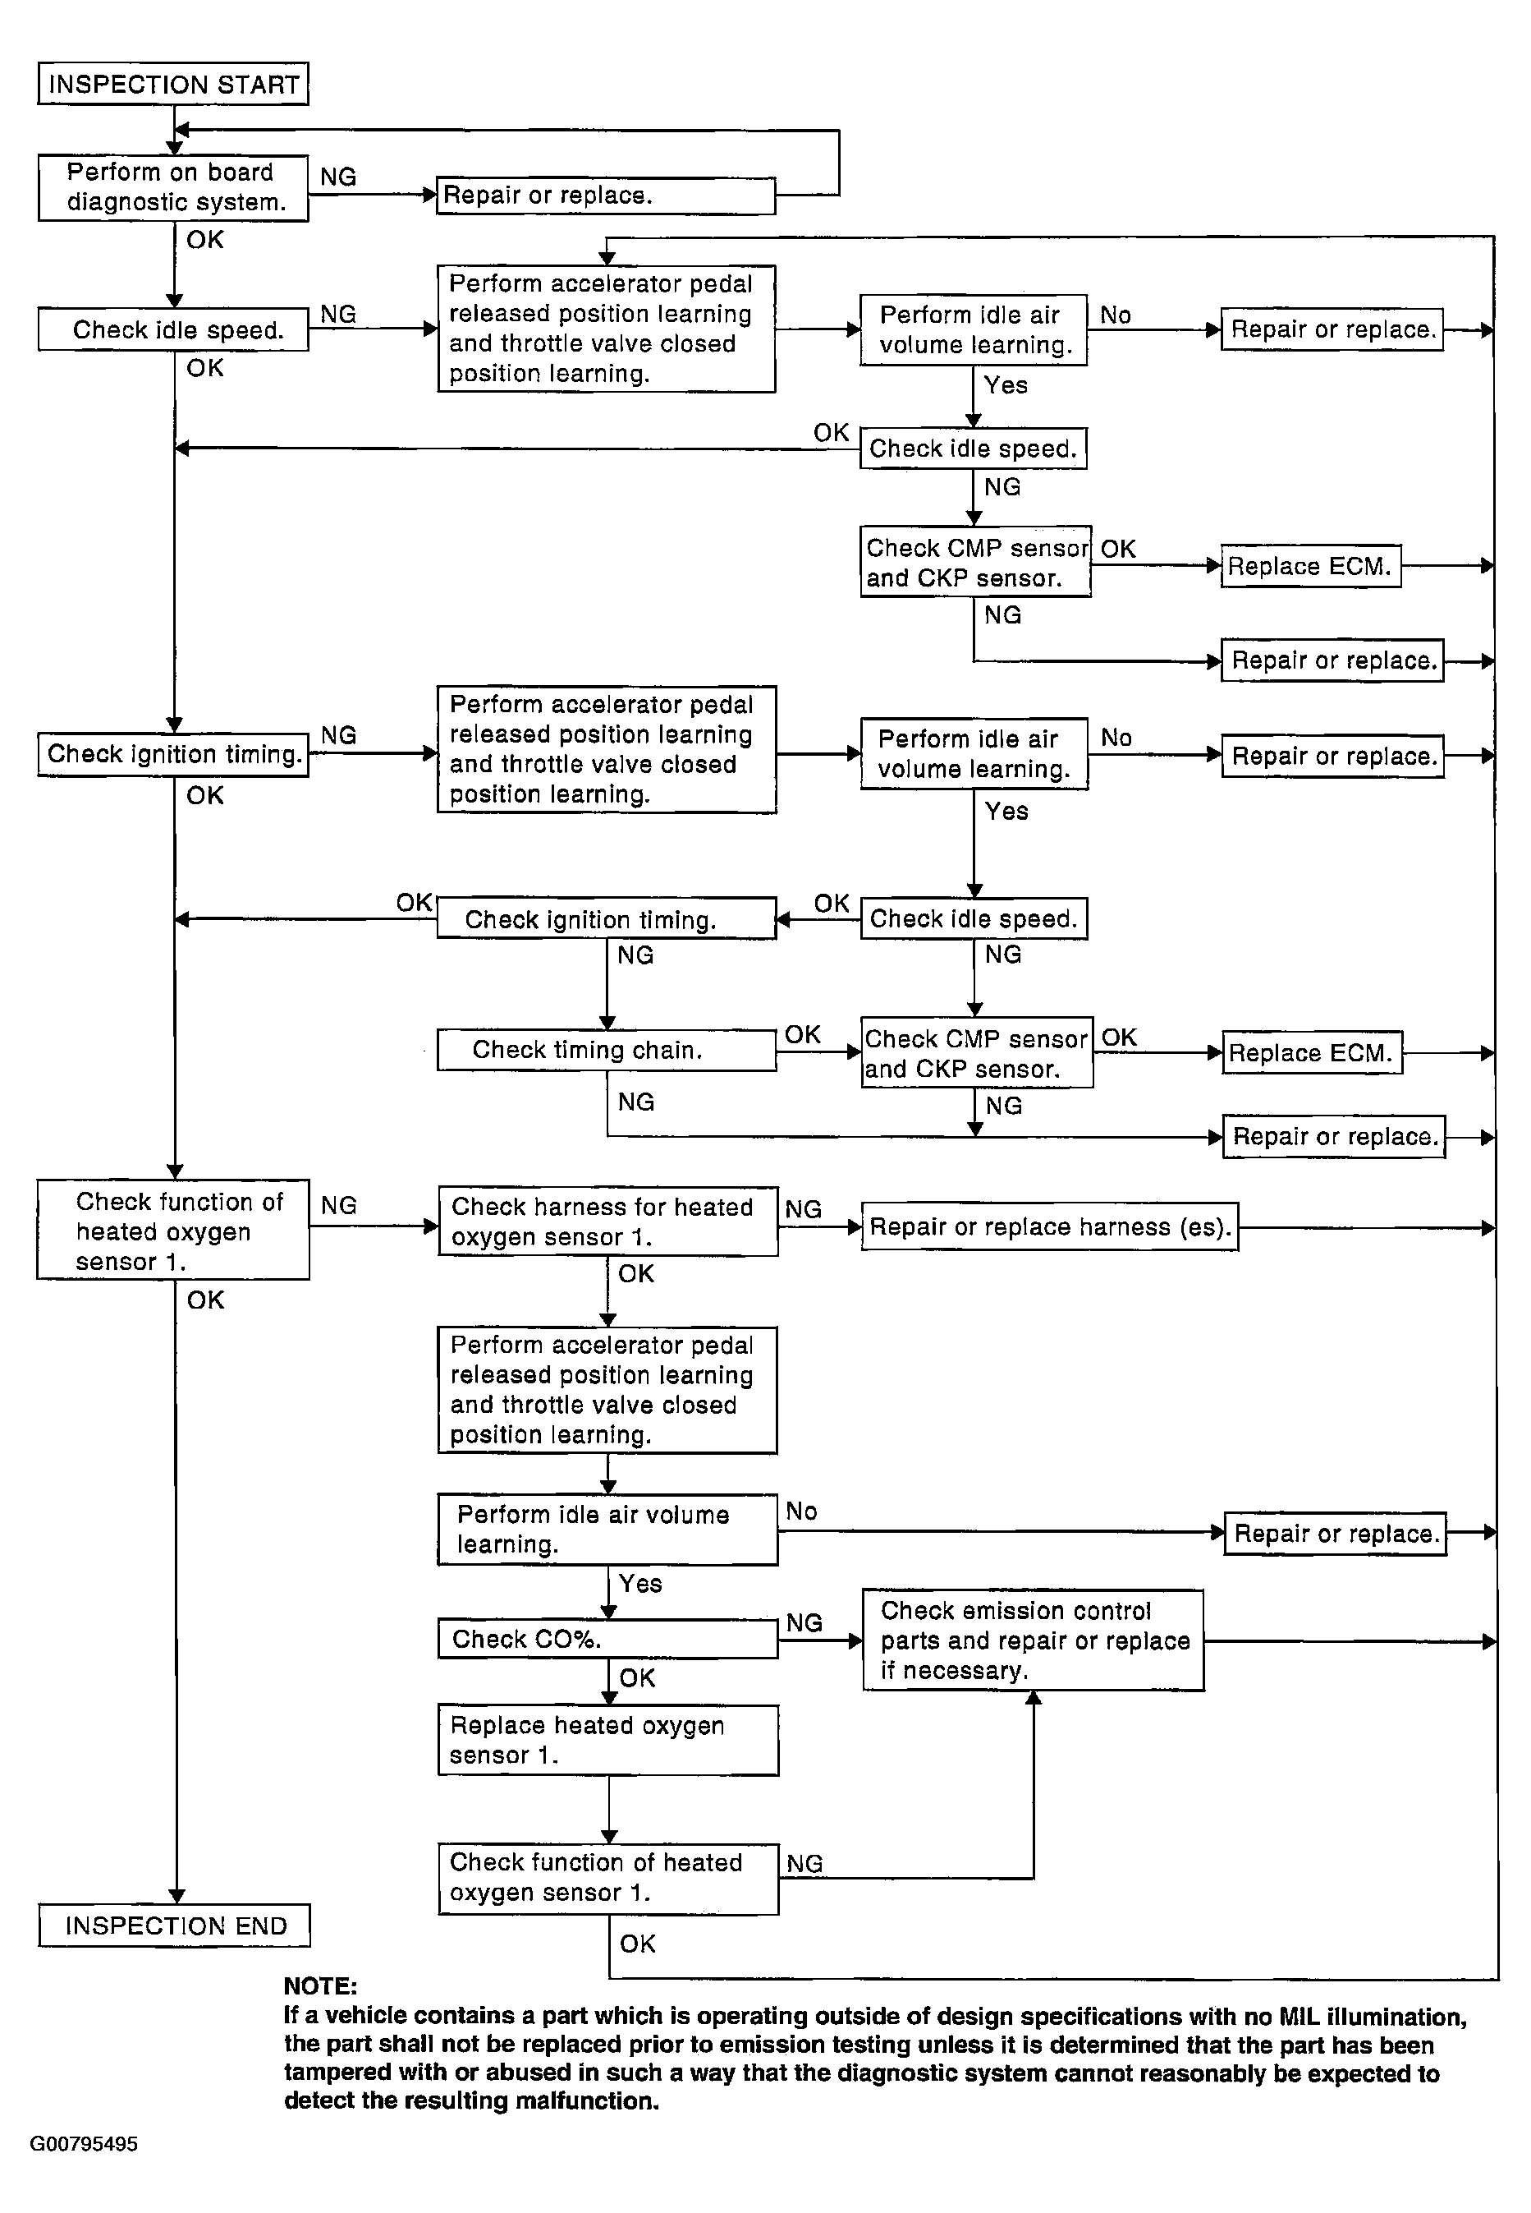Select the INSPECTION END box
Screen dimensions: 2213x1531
tap(175, 1925)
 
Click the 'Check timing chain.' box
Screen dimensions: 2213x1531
tap(607, 1049)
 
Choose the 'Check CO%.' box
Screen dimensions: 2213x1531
tap(607, 1638)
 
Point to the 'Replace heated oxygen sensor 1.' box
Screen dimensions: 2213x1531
tap(607, 1740)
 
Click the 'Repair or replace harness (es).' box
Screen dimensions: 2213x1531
tap(1049, 1226)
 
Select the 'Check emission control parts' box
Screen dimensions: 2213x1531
tap(1034, 1640)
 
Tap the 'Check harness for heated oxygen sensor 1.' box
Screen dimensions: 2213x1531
tap(607, 1221)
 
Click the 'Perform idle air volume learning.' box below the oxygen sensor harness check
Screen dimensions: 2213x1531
tap(607, 1529)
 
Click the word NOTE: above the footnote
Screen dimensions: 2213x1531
tap(320, 1986)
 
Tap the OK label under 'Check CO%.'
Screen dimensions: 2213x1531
tap(637, 1677)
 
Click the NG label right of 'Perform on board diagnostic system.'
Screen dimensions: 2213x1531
tap(337, 177)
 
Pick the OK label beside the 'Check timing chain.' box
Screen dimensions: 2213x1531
tap(803, 1033)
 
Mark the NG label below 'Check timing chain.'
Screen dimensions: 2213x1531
tap(635, 1102)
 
